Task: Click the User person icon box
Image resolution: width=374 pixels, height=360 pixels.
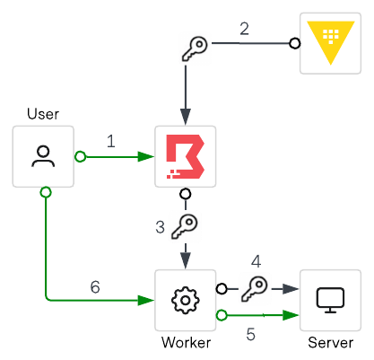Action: pos(43,156)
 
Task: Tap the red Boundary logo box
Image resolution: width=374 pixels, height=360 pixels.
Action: pos(185,156)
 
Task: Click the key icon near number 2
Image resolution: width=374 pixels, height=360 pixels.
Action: pos(195,50)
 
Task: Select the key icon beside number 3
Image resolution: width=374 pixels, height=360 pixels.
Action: pos(185,226)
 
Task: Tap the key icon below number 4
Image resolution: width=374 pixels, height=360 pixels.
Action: pos(255,288)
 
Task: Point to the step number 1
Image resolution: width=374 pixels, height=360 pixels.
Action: pos(110,141)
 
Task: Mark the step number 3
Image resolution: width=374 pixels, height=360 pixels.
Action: pos(160,227)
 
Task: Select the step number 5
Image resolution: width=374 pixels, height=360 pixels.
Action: pos(250,333)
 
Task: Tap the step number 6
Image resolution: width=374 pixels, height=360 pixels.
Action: pos(95,287)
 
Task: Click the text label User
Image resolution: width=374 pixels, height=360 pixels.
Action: pos(43,113)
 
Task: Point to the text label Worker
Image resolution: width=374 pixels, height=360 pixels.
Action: pos(185,344)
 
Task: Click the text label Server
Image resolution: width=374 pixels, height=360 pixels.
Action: pos(329,344)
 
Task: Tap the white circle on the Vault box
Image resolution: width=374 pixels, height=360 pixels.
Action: pos(293,42)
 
